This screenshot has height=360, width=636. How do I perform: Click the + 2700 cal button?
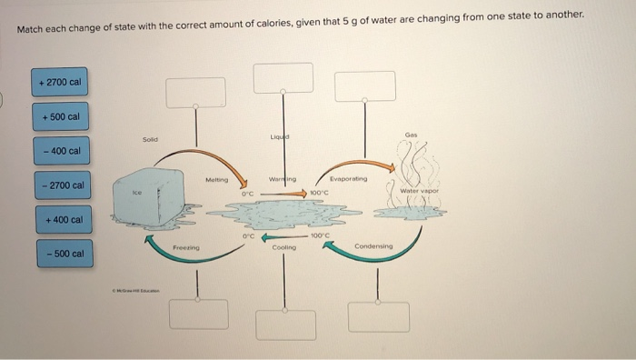click(61, 83)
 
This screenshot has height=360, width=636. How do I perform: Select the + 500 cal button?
click(61, 116)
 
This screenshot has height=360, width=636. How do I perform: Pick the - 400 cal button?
click(61, 150)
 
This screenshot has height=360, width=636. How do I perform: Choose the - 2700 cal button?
click(61, 185)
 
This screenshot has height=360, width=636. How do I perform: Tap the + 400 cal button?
click(61, 219)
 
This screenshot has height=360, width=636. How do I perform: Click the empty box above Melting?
click(195, 92)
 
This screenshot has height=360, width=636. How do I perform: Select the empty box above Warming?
click(283, 77)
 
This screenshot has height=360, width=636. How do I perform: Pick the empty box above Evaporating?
click(365, 85)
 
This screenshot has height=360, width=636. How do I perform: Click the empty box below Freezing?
click(198, 314)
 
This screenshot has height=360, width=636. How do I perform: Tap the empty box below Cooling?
click(285, 324)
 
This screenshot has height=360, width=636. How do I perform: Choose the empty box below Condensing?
click(378, 315)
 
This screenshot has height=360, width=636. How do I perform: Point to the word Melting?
click(217, 180)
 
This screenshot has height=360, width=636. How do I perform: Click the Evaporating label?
click(349, 180)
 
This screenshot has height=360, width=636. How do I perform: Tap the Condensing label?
click(373, 246)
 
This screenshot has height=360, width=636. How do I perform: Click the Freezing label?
click(186, 246)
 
